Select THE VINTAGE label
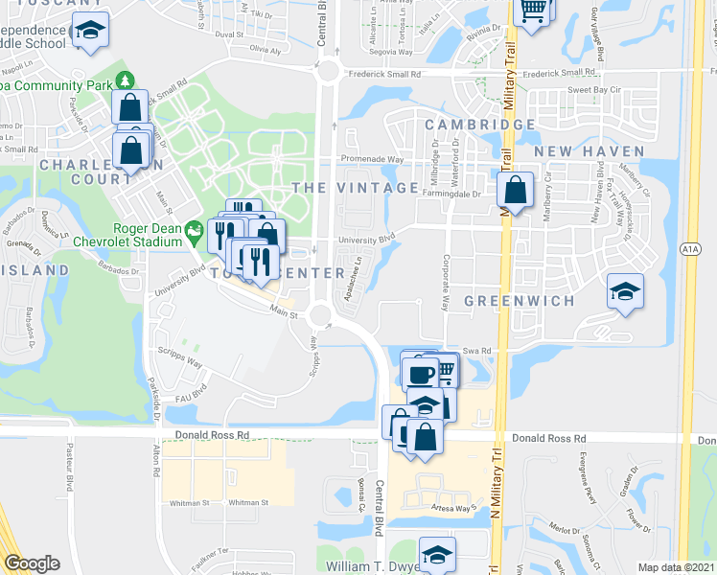click(356, 188)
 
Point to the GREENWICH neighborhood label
click(519, 301)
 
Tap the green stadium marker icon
click(195, 229)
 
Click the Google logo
click(33, 563)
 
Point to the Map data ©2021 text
click(676, 567)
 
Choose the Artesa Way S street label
click(453, 509)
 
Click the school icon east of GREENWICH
click(625, 290)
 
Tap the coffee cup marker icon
click(418, 371)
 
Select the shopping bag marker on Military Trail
click(516, 190)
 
